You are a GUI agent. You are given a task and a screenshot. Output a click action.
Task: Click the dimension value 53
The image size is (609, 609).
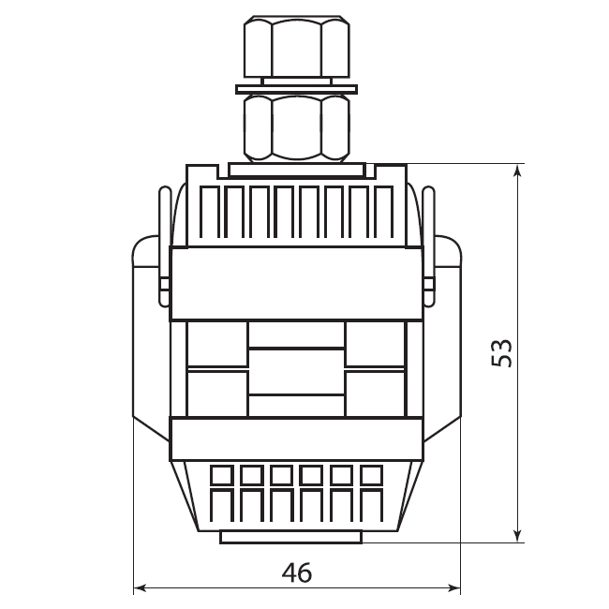[x=502, y=352]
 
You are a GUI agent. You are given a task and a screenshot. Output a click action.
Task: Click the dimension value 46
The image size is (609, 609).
[x=297, y=572]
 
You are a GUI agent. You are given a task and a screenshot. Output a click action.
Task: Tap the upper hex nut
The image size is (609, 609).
[x=297, y=47]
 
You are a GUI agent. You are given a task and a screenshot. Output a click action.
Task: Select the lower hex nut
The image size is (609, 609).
[x=297, y=128]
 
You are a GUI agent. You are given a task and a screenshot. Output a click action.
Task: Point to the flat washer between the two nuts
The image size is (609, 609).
[x=297, y=89]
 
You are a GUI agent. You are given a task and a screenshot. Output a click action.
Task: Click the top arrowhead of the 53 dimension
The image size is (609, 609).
[x=517, y=170]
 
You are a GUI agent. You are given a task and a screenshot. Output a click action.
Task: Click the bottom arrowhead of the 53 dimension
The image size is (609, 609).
[x=517, y=537]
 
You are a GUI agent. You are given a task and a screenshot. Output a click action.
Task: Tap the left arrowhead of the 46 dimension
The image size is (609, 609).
[x=139, y=588]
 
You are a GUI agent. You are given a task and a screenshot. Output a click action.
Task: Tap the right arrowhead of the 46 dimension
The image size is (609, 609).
[x=454, y=588]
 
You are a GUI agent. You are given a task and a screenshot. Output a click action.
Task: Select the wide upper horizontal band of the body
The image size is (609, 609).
[x=296, y=284]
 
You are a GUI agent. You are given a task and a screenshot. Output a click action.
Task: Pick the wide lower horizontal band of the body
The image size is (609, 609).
[x=296, y=438]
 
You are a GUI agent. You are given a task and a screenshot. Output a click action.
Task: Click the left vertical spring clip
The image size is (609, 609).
[x=165, y=245]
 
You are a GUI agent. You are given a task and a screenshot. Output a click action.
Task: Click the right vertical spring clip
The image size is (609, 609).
[x=428, y=245]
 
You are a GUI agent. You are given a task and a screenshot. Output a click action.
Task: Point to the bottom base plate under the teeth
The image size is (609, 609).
[x=291, y=536]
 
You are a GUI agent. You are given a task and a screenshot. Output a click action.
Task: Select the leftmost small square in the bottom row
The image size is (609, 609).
[x=222, y=475]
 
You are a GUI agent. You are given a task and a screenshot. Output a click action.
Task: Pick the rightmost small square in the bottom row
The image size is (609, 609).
[x=372, y=475]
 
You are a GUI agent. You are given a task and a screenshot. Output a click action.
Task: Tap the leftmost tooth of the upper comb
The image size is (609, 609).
[x=210, y=212]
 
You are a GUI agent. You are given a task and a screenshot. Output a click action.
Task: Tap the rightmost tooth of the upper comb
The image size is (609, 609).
[x=384, y=212]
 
